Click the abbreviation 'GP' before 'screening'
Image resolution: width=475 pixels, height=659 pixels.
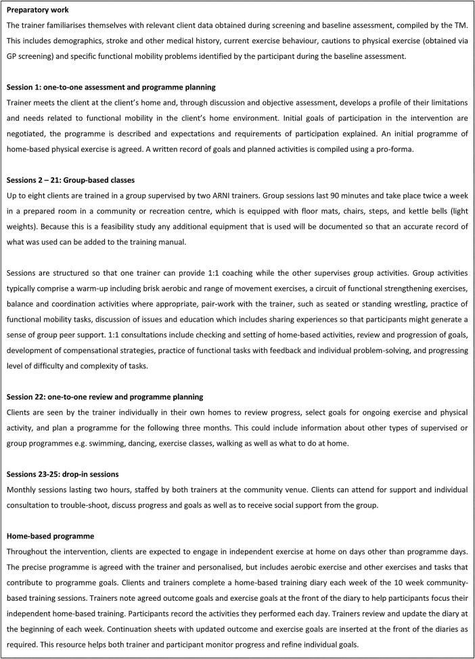tap(12, 56)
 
